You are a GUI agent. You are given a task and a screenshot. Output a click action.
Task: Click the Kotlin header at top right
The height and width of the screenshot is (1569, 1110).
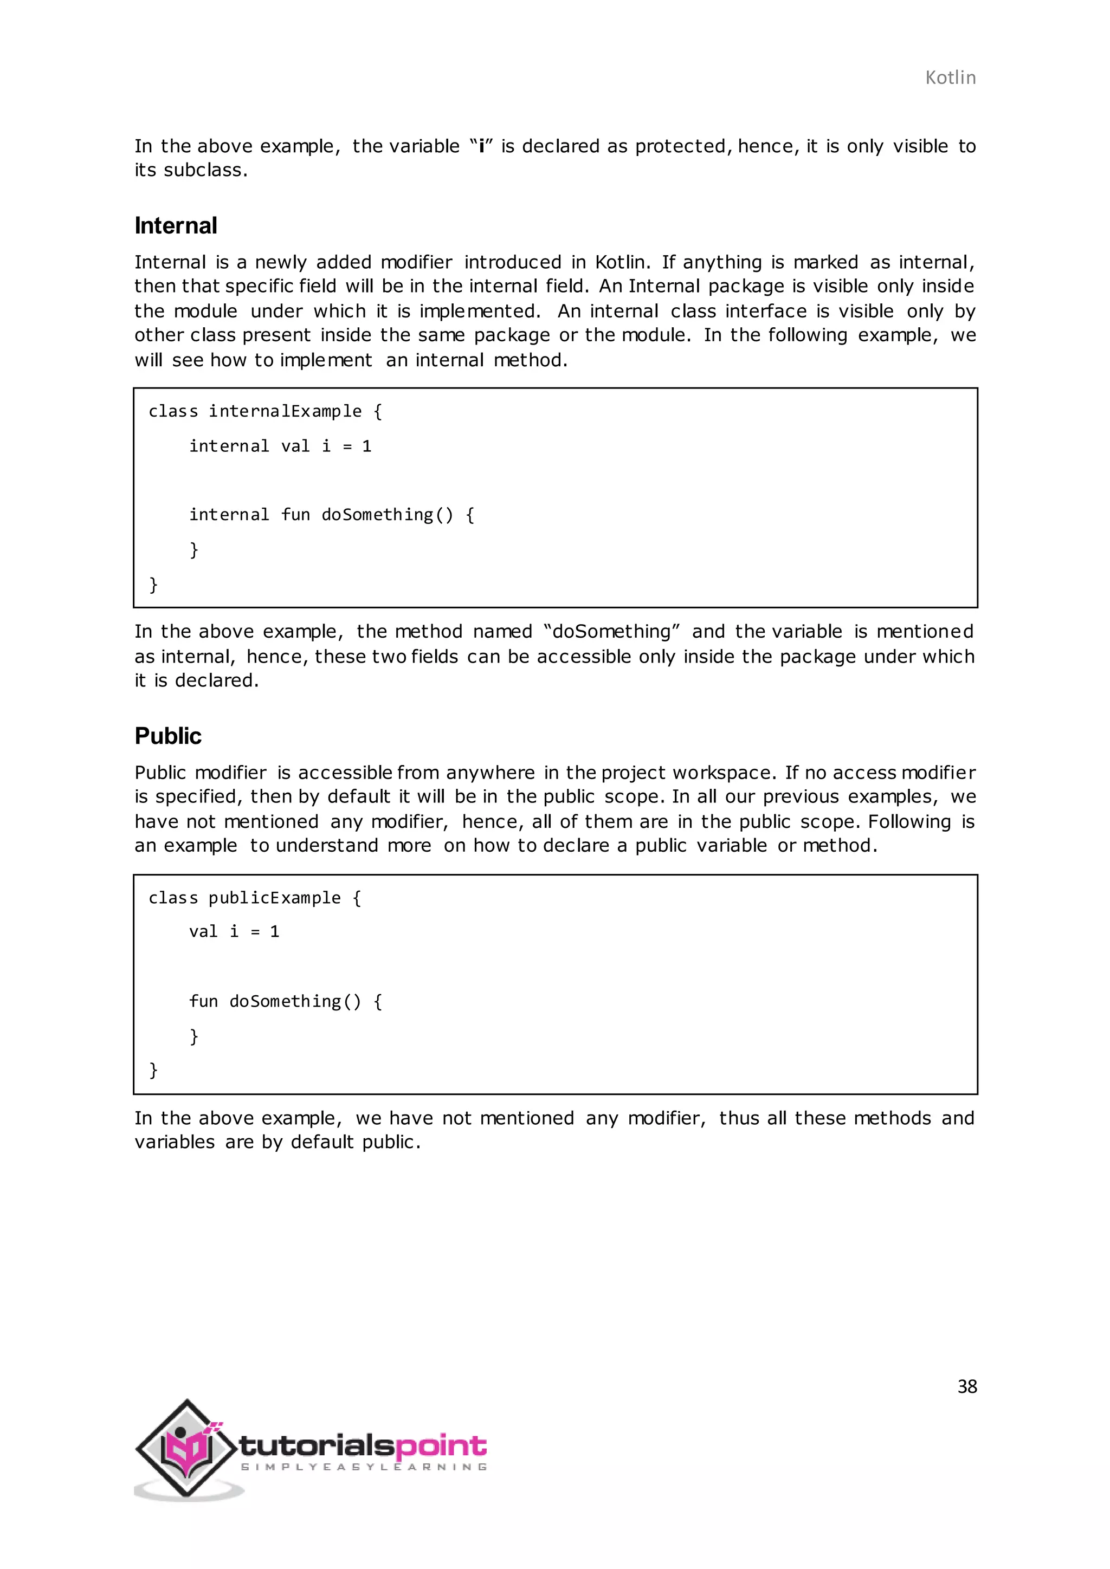tap(950, 78)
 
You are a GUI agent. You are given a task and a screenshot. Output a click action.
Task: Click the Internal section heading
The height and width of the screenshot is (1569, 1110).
tap(176, 225)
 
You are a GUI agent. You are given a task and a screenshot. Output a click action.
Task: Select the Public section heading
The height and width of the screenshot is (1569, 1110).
tap(168, 736)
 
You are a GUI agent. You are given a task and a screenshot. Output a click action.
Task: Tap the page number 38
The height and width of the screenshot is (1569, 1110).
tap(966, 1386)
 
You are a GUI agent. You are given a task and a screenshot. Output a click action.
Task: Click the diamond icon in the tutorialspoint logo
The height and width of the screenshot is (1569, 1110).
tap(186, 1447)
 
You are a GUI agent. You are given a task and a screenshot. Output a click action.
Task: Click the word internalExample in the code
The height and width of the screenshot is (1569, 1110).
tap(285, 411)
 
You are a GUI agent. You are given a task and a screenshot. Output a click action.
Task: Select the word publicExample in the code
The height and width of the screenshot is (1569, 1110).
tap(274, 897)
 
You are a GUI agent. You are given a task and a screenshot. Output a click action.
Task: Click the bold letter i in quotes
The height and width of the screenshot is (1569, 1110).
tap(481, 146)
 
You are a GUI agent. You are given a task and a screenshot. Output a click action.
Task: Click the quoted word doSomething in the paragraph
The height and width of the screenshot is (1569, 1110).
tap(612, 631)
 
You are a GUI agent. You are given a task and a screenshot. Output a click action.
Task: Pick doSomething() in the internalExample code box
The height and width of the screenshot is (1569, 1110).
tap(387, 515)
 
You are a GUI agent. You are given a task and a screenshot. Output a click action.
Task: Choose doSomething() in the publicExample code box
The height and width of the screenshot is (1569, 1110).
tap(295, 1001)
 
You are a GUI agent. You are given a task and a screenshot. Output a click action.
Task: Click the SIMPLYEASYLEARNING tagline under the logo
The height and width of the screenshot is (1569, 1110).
tap(364, 1467)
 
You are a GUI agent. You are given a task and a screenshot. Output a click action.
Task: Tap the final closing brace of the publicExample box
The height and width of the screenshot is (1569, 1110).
tap(153, 1069)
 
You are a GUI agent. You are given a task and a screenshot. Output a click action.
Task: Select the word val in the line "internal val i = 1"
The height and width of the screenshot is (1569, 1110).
tap(295, 446)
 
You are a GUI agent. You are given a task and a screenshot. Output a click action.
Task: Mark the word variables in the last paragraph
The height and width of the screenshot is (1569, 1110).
tap(175, 1142)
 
